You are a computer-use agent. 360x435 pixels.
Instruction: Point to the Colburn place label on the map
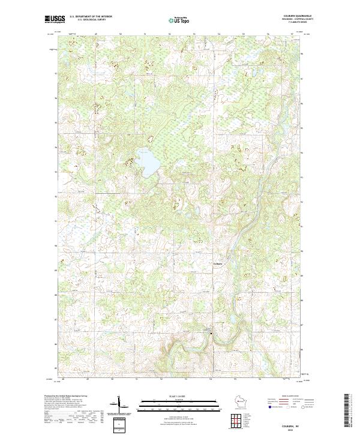pos(218,263)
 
